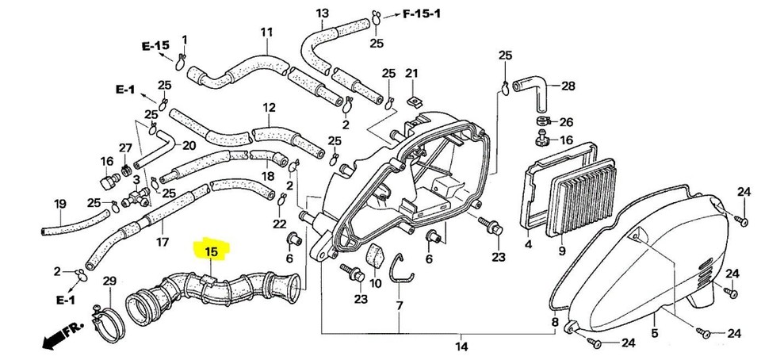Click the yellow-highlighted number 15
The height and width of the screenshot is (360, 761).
click(x=211, y=252)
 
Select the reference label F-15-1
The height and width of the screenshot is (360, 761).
click(x=424, y=15)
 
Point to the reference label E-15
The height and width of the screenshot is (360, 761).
click(x=155, y=46)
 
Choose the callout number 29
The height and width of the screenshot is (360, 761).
click(x=109, y=281)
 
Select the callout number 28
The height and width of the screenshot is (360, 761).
click(x=568, y=86)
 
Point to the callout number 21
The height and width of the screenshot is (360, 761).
click(x=411, y=74)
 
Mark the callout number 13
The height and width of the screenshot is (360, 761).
click(x=322, y=13)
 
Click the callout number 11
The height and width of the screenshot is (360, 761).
click(x=266, y=32)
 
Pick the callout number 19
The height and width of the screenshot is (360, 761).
click(x=59, y=204)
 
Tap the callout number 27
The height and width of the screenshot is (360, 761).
click(x=125, y=148)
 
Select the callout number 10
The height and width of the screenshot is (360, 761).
click(x=376, y=283)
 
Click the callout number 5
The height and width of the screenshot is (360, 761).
click(x=655, y=335)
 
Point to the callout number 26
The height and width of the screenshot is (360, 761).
click(x=565, y=122)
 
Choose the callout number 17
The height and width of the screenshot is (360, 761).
click(x=162, y=241)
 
